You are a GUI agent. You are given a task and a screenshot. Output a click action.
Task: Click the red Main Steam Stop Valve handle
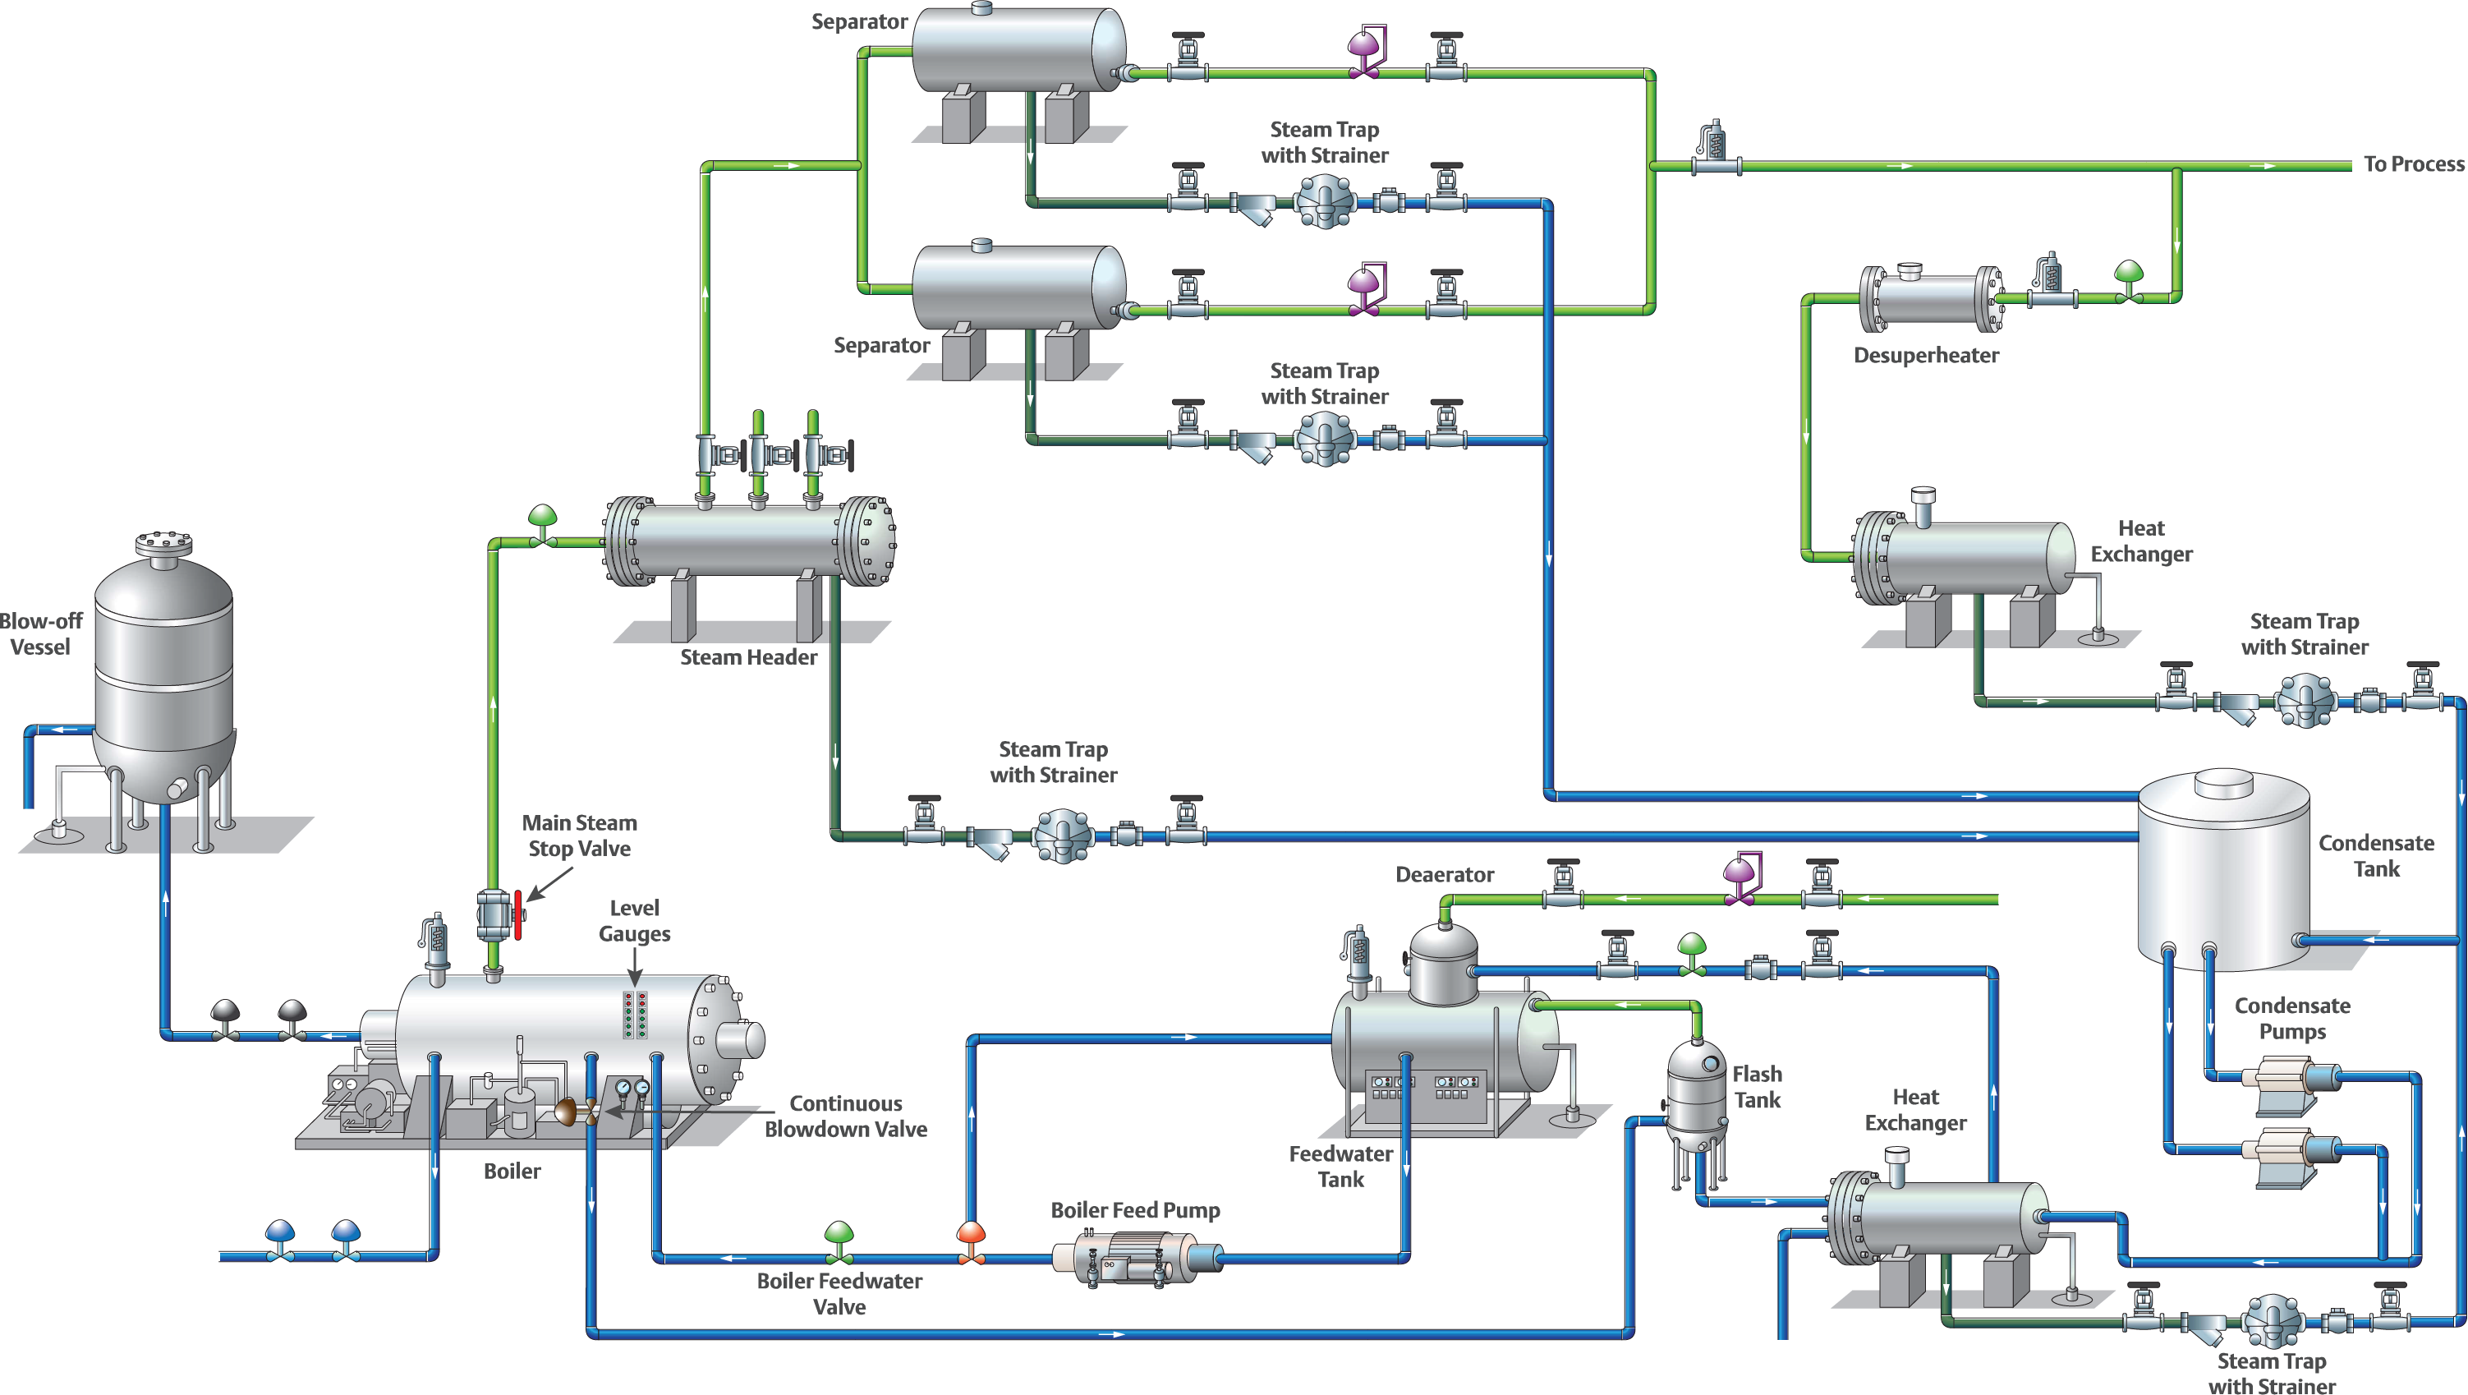(517, 915)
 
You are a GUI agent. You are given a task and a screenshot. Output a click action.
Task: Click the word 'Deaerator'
(1444, 875)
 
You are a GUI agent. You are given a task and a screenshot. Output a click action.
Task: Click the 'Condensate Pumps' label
(2291, 1019)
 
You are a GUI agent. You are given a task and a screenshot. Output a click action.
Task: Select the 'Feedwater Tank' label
(1340, 1166)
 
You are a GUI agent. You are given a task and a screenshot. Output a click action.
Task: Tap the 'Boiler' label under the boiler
(512, 1171)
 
